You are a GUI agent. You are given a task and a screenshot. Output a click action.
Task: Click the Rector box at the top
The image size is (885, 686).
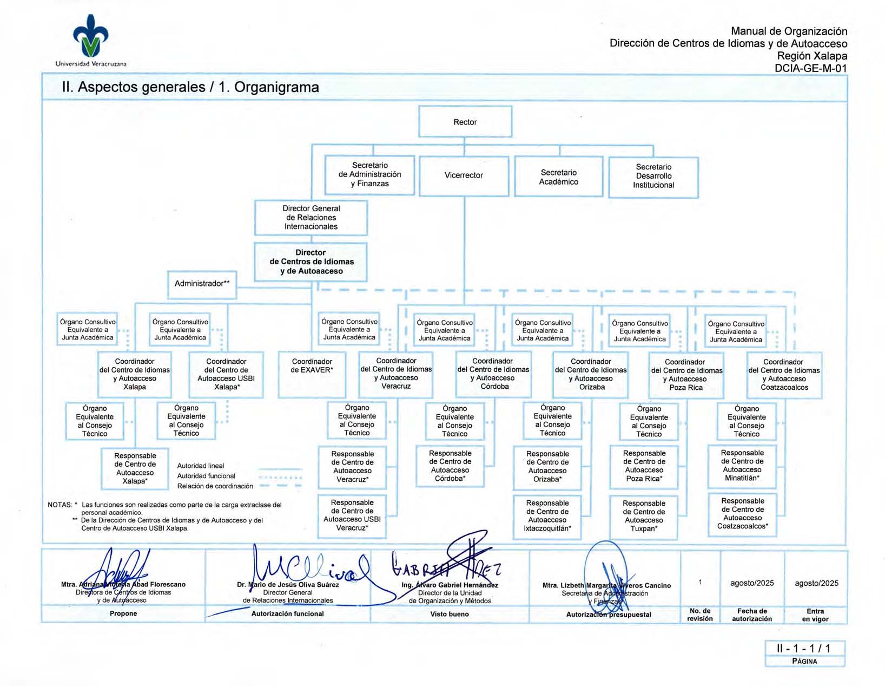[x=465, y=122]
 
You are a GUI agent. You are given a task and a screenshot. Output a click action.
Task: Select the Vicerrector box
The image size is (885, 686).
[x=464, y=175]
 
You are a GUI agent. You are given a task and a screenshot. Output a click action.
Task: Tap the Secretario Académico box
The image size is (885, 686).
[x=558, y=177]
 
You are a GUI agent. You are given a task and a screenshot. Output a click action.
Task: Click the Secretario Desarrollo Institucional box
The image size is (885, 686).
[x=653, y=176]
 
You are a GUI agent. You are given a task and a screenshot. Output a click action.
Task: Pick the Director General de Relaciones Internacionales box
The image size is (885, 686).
[x=311, y=217]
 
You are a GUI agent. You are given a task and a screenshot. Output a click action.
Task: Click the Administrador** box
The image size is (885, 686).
[x=202, y=284]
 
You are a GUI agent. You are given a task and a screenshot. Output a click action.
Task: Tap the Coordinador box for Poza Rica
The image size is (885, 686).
[x=686, y=375]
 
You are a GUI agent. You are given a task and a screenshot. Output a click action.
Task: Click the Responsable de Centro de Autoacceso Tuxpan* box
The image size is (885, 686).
[x=643, y=516]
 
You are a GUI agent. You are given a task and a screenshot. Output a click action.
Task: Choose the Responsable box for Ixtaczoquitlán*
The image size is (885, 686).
[x=547, y=516]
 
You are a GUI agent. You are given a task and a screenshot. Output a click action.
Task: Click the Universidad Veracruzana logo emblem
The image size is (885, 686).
[x=91, y=36]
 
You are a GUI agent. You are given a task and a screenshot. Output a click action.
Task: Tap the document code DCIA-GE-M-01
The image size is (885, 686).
[x=810, y=68]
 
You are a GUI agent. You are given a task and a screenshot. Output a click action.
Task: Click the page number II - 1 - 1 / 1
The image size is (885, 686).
[x=804, y=648]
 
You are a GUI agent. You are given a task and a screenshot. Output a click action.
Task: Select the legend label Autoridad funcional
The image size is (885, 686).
[x=206, y=476]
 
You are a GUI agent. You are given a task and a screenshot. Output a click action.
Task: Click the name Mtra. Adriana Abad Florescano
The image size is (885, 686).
[x=123, y=585]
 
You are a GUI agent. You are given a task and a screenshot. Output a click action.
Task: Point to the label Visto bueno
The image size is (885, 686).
[x=450, y=614]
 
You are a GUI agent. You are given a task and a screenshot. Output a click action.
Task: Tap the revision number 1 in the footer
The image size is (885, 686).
[x=700, y=583]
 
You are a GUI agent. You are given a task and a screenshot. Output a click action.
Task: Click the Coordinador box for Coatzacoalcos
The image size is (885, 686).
[x=784, y=375]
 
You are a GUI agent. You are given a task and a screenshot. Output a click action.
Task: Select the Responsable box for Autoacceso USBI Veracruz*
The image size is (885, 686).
[x=352, y=515]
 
